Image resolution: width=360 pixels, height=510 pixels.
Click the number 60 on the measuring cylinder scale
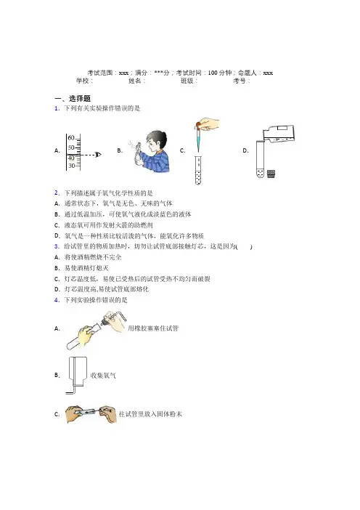pyautogui.click(x=71, y=138)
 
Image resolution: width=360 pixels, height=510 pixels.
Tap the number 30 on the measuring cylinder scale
pyautogui.click(x=71, y=166)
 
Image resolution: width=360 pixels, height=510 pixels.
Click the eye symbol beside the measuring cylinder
pyautogui.click(x=98, y=155)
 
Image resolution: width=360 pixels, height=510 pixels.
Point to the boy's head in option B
pyautogui.click(x=155, y=140)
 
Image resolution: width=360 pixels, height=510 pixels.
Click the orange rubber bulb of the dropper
pyautogui.click(x=198, y=124)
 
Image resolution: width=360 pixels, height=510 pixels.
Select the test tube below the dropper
pyautogui.click(x=198, y=170)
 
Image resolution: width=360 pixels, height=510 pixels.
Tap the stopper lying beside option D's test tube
pyautogui.click(x=271, y=174)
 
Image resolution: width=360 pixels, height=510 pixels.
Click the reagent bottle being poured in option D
pyautogui.click(x=279, y=134)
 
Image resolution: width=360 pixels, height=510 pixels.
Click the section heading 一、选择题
pyautogui.click(x=73, y=98)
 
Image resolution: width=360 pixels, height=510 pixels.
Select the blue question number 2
pyautogui.click(x=57, y=193)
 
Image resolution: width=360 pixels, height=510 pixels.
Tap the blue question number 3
pyautogui.click(x=57, y=246)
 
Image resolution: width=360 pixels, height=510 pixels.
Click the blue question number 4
pyautogui.click(x=57, y=300)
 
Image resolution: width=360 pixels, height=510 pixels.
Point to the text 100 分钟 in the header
pyautogui.click(x=220, y=73)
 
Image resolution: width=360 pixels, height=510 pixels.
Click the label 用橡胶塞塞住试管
pyautogui.click(x=153, y=328)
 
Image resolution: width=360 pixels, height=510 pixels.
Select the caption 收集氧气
pyautogui.click(x=103, y=376)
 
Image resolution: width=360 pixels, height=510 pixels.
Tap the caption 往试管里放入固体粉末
pyautogui.click(x=150, y=414)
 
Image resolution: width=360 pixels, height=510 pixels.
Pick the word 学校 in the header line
pyautogui.click(x=83, y=81)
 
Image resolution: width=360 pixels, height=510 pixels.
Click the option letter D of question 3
pyautogui.click(x=57, y=289)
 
